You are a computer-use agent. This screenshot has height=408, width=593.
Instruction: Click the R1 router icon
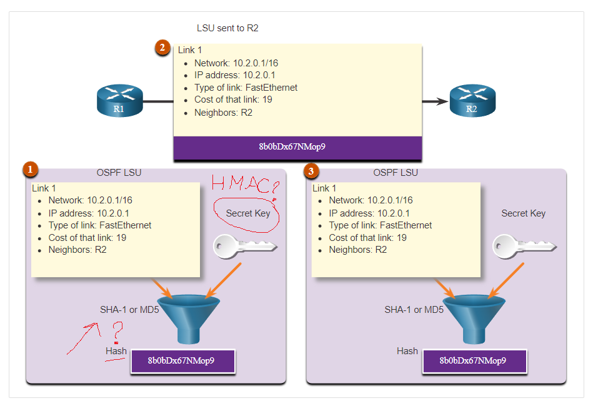coord(119,101)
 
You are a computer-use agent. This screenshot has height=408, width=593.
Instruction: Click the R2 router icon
coord(472,101)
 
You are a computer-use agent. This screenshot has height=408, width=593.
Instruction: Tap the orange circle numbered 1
coord(30,169)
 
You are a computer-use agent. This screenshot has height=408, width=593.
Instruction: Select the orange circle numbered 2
coord(163,48)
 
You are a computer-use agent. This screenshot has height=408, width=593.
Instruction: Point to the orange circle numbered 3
coord(311,169)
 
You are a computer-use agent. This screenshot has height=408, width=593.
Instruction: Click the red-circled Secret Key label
coord(248,213)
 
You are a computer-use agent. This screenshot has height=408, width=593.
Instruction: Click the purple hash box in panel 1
coord(182,361)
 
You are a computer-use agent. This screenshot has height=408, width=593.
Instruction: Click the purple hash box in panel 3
coord(474,361)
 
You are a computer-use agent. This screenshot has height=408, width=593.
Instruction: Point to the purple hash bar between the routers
coord(297,148)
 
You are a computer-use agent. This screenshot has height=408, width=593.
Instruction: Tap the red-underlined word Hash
coord(116,351)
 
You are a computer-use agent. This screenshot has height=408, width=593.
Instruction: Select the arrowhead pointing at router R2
coord(442,101)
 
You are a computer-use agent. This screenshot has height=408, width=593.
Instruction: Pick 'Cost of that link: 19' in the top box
coord(233,99)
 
